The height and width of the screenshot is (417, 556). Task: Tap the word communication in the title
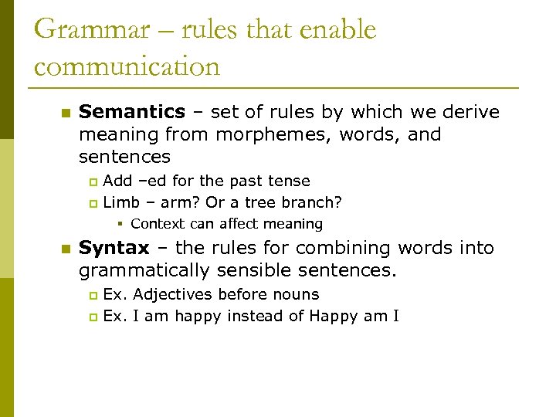[127, 66]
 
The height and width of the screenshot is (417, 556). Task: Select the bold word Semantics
[132, 112]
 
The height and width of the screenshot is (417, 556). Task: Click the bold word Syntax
[114, 248]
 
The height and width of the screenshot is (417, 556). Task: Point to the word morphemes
[265, 134]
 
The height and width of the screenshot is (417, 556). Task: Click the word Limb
[119, 202]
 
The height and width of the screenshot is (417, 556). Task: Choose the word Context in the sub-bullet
[156, 224]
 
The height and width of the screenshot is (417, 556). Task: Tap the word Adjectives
[173, 294]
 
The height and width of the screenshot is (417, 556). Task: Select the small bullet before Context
[122, 225]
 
